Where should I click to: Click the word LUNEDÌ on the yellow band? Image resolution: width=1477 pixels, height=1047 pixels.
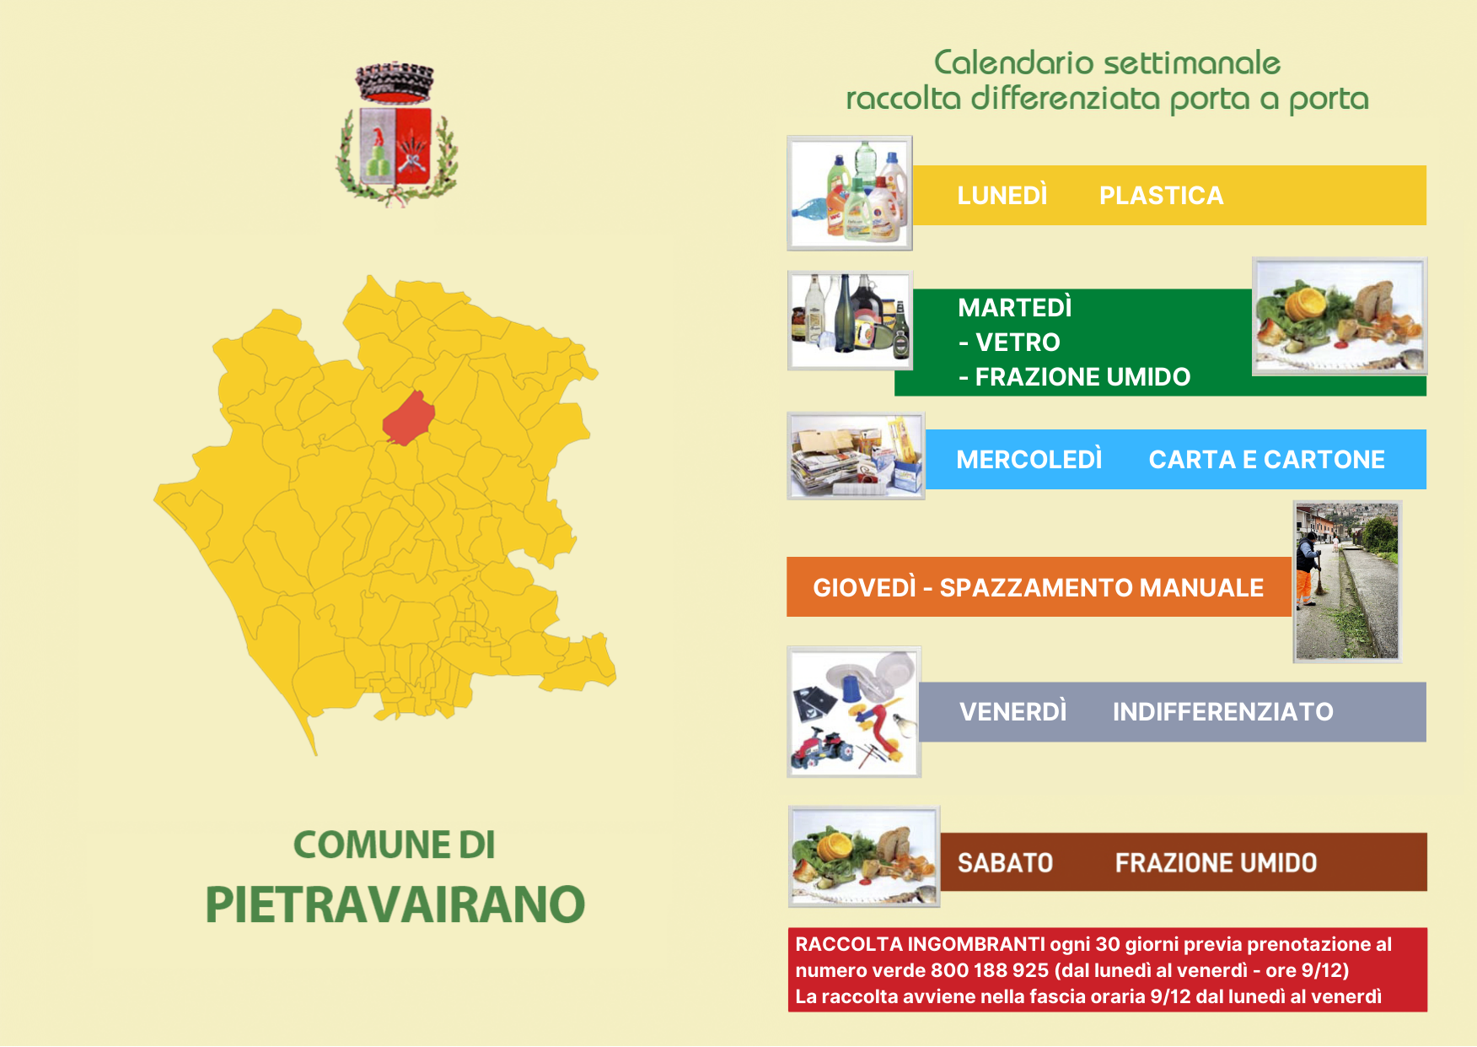click(x=1002, y=195)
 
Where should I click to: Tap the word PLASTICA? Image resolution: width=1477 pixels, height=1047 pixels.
click(x=1161, y=195)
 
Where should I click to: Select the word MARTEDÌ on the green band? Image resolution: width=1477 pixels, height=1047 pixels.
click(x=1015, y=307)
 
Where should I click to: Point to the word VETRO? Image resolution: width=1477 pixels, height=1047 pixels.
click(x=1018, y=342)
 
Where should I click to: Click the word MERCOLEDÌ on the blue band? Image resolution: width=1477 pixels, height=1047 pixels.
click(x=1029, y=459)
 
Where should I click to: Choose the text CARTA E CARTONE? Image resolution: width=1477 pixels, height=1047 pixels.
click(x=1266, y=459)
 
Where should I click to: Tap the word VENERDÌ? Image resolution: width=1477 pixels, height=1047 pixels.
click(x=1012, y=711)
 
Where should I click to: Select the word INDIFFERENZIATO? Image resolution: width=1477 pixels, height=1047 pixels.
click(x=1222, y=711)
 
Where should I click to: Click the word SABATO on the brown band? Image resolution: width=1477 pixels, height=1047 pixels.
click(x=1005, y=862)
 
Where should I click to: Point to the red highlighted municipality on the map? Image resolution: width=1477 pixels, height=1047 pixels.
click(x=409, y=418)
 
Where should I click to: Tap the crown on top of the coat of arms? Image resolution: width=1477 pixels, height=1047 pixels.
click(x=395, y=83)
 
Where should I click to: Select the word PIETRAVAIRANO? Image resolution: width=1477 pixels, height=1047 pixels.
click(x=395, y=904)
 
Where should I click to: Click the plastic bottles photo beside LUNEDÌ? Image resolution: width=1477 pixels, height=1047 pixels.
click(x=850, y=193)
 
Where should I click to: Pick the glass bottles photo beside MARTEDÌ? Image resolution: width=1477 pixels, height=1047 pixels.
click(x=850, y=321)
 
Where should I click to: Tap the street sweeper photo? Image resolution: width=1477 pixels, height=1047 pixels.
click(x=1347, y=581)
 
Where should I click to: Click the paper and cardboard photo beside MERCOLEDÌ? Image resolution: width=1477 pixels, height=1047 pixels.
click(x=856, y=456)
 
